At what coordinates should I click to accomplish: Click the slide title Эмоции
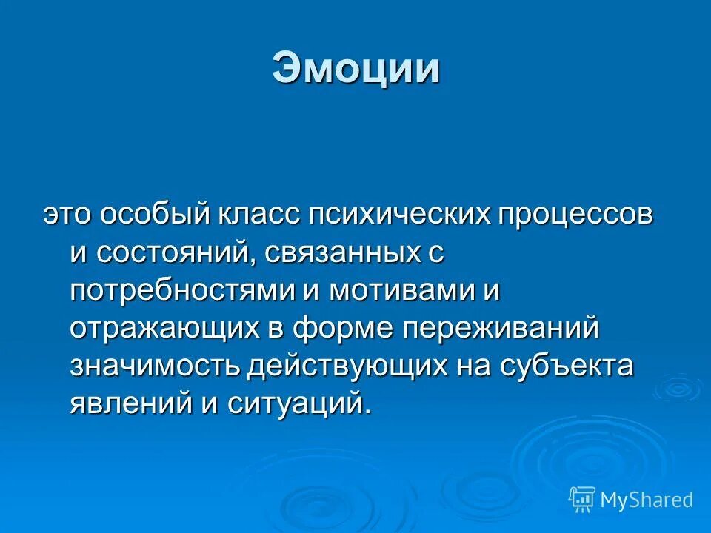coord(355,69)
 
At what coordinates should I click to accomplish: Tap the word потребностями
coord(181,290)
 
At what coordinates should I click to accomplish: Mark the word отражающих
coord(163,329)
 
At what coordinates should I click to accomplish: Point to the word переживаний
coord(500,329)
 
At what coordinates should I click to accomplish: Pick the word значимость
coord(156,366)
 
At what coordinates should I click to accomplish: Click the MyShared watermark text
coord(647,500)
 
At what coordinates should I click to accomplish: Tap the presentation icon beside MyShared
coord(582,500)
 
